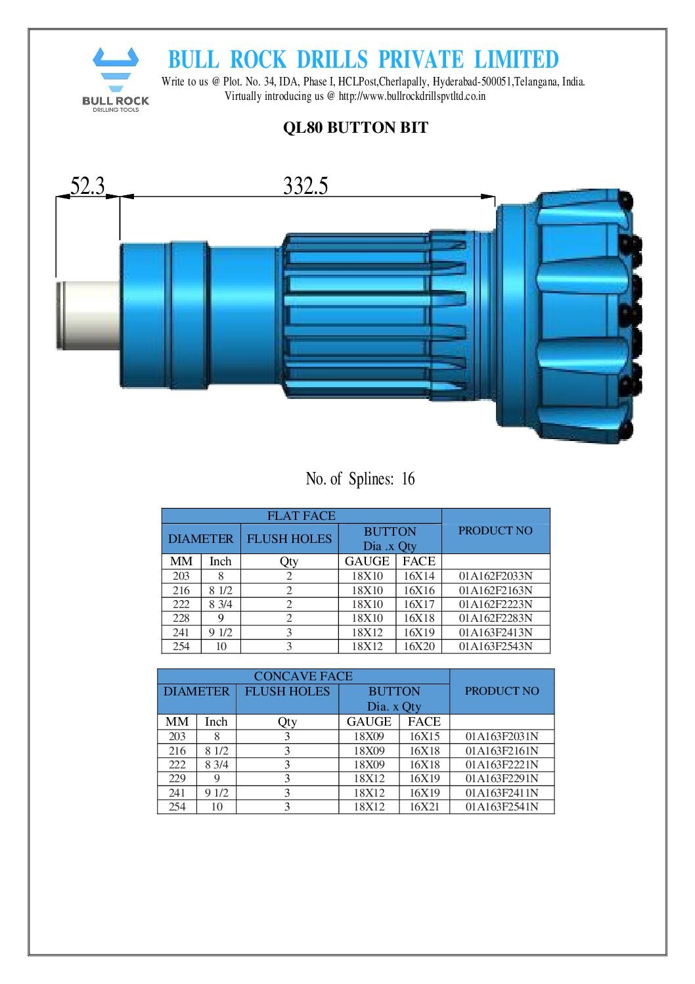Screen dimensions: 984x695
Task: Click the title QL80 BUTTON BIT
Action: coord(355,128)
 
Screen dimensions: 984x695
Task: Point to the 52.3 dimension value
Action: coord(87,186)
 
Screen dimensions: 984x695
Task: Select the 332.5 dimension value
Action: coord(305,186)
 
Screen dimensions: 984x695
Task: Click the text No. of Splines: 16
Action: coord(360,479)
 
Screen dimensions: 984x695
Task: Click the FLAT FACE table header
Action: coord(301,516)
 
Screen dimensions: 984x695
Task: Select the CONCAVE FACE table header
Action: coord(303,676)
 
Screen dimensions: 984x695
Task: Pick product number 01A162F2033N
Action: coord(495,576)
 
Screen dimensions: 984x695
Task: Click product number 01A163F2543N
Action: coord(495,646)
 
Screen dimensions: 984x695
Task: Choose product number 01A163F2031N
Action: coord(502,736)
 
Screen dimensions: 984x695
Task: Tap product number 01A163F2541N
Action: coord(502,807)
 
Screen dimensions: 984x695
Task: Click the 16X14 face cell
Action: coord(418,576)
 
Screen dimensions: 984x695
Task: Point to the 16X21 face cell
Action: coord(424,807)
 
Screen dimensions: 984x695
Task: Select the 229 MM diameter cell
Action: coord(177,778)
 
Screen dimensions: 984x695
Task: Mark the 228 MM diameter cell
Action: coord(181,618)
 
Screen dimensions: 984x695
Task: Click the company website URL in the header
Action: coord(412,96)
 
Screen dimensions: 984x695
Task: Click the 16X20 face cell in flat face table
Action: coord(418,646)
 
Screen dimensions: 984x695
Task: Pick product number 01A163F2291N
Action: coord(502,778)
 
